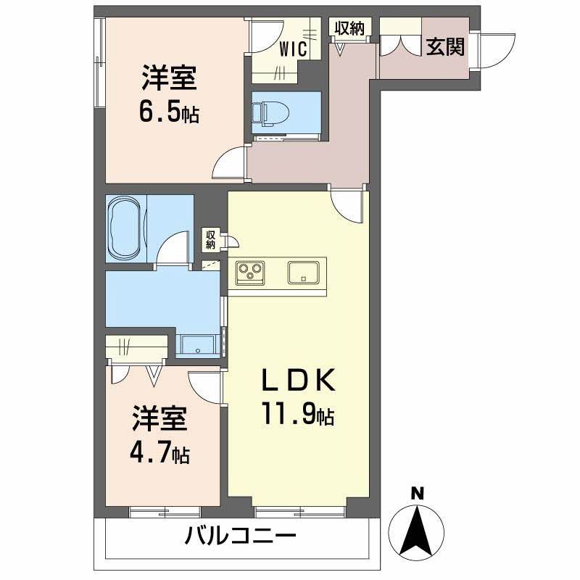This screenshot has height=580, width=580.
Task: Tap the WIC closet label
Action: [x=294, y=49]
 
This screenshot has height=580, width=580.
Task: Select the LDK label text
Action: [x=297, y=383]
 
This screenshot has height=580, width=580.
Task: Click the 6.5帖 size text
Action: [x=169, y=113]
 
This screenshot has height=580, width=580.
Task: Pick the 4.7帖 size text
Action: [x=159, y=453]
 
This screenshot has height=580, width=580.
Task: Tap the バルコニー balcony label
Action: [x=240, y=538]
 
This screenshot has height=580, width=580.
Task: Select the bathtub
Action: [x=125, y=226]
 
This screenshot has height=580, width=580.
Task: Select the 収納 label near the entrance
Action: [x=349, y=28]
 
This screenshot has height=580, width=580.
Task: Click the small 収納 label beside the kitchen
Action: [x=210, y=239]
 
